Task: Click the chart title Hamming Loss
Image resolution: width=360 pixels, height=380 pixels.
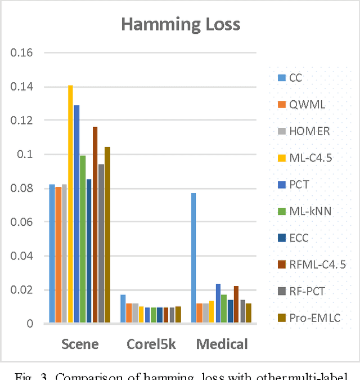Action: [x=181, y=24]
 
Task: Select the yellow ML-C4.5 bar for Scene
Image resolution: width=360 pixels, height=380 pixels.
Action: [x=70, y=204]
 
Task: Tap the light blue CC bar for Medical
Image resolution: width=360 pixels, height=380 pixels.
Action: [x=193, y=258]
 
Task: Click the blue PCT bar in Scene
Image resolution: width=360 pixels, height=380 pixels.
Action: [x=76, y=214]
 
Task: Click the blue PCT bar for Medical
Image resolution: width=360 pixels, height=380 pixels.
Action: [x=218, y=303]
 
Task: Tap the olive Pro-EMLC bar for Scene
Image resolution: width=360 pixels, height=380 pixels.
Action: [x=107, y=235]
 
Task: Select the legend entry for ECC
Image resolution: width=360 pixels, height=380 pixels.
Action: [x=299, y=238]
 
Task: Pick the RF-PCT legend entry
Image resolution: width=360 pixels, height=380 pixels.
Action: [x=306, y=291]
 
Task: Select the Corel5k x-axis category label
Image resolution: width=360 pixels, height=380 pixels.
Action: [x=151, y=343]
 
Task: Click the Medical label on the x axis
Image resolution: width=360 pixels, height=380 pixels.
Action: [x=222, y=343]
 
